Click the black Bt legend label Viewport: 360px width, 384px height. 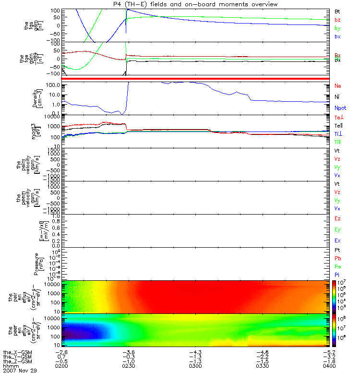[x=337, y=11]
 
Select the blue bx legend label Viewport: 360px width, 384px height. [x=337, y=37]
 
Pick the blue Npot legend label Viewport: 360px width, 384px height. [x=340, y=108]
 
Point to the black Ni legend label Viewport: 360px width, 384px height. [x=337, y=97]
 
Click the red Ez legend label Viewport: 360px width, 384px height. [x=338, y=219]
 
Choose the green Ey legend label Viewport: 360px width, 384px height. [x=338, y=229]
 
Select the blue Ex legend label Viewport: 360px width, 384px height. [x=338, y=240]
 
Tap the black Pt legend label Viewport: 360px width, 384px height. [x=337, y=251]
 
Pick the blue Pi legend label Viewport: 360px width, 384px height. [x=337, y=275]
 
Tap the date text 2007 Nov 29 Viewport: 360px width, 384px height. [x=20, y=371]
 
